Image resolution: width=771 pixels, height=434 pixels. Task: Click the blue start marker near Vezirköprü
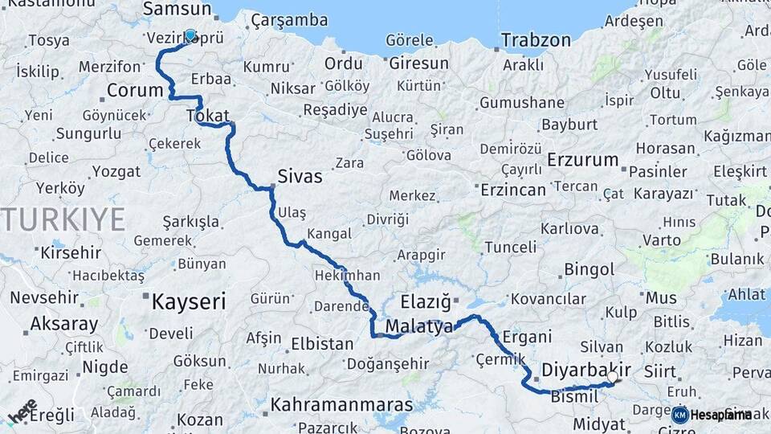coord(190,35)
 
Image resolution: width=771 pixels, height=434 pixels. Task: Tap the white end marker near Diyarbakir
coord(613,376)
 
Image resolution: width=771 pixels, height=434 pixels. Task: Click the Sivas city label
coord(300,176)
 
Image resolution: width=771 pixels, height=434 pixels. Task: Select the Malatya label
coord(419,326)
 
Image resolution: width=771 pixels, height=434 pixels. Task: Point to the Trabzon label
coord(536,40)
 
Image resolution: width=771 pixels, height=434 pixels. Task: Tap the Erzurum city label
coord(583,160)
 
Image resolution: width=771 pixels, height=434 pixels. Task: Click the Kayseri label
coord(189,301)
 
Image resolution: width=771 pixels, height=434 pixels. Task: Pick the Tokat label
coord(207,116)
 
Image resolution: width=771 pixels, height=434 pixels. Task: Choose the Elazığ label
coord(426,303)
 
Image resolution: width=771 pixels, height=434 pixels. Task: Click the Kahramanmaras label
coord(341,405)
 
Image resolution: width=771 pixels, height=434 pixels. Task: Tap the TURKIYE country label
coord(63,219)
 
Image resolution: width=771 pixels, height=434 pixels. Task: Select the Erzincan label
coord(513,190)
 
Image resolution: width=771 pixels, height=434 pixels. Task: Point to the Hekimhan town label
coord(348,275)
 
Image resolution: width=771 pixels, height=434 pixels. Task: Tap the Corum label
coord(135,90)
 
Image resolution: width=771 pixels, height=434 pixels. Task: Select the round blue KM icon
coord(679,415)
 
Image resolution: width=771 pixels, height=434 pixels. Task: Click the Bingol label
coord(589,269)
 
